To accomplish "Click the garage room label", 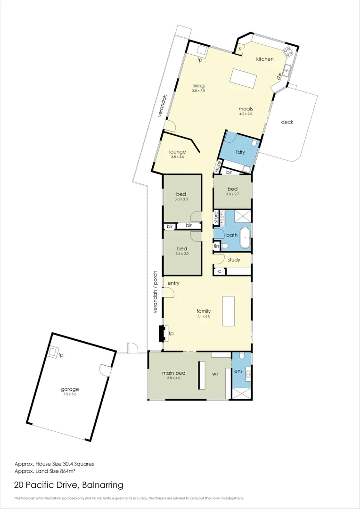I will pyautogui.click(x=70, y=389).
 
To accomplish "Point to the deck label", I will pyautogui.click(x=287, y=122).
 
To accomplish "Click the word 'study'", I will pyautogui.click(x=234, y=260).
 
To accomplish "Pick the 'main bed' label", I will pyautogui.click(x=174, y=373).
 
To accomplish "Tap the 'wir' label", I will pyautogui.click(x=215, y=374).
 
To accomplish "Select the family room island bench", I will pyautogui.click(x=228, y=311).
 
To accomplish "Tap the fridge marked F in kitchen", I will pyautogui.click(x=239, y=49).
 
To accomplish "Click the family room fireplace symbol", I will pyautogui.click(x=163, y=333).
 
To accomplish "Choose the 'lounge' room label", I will pyautogui.click(x=178, y=152).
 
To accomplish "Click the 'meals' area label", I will pyautogui.click(x=246, y=109).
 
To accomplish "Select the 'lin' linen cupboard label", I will pyautogui.click(x=217, y=246).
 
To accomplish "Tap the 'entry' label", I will pyautogui.click(x=173, y=283).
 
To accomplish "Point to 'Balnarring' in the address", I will pyautogui.click(x=103, y=484).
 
